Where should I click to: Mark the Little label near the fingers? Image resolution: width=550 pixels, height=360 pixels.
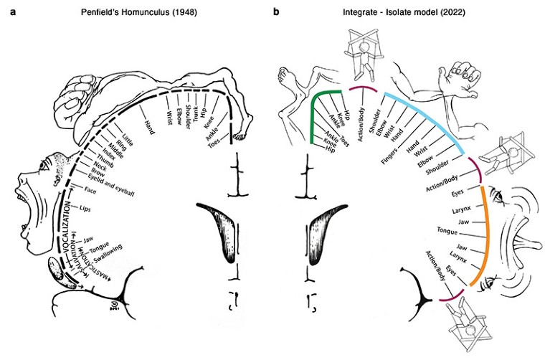(x=126, y=137)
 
